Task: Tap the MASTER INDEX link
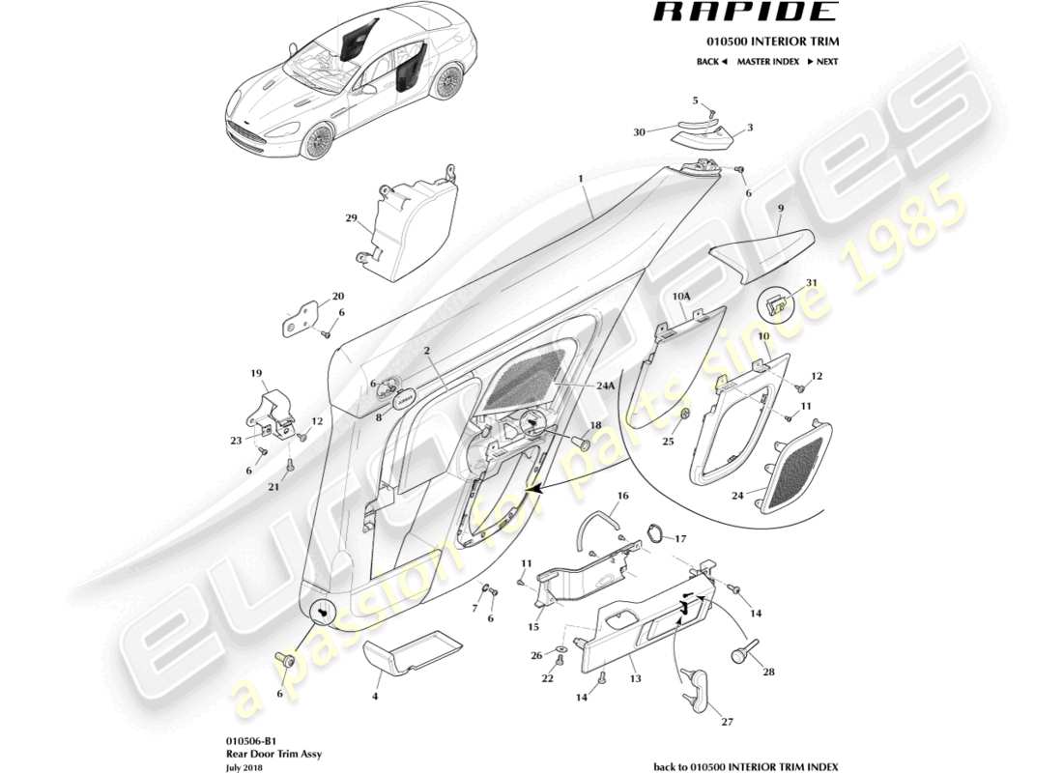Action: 767,61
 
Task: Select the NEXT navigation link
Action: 821,61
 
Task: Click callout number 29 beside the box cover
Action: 352,218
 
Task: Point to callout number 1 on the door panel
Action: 581,179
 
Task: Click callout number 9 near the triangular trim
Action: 780,208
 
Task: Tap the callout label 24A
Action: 605,385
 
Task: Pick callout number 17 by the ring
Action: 680,539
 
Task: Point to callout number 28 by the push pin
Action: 768,672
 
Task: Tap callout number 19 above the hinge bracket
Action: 257,373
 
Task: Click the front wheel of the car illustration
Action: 315,143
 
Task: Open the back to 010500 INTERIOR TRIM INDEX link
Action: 746,766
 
